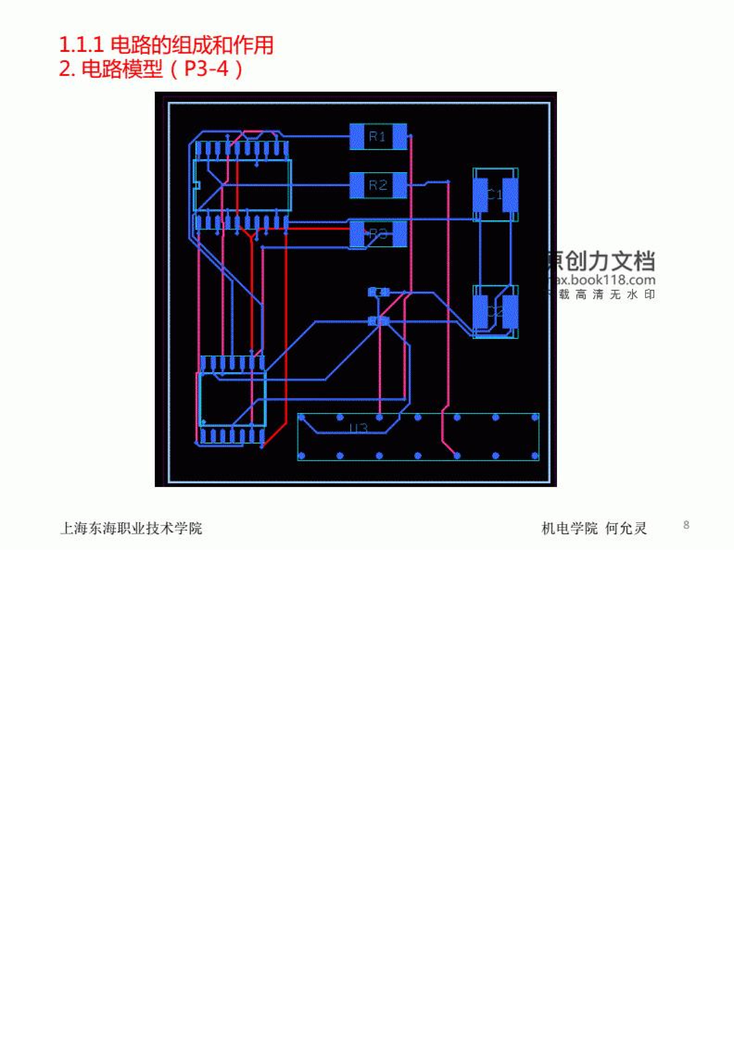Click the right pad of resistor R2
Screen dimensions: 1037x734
[400, 185]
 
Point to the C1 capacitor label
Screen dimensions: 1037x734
[495, 195]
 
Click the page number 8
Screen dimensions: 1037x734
[686, 525]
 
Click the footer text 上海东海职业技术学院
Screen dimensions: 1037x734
[131, 528]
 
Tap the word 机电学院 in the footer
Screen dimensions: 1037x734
[570, 528]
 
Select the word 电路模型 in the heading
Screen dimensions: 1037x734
[122, 69]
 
